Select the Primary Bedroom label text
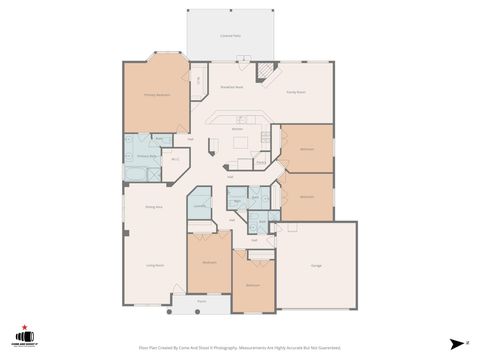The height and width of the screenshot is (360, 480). tap(155, 95)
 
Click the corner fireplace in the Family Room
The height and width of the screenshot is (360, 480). tap(266, 72)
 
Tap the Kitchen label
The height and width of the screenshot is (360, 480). tap(238, 129)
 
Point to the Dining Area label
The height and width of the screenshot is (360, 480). tap(155, 206)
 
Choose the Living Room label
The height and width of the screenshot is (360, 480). tap(155, 265)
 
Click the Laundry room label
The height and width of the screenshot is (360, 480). tap(200, 205)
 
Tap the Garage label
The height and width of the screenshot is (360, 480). tap(316, 265)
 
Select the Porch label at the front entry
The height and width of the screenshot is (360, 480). tap(201, 300)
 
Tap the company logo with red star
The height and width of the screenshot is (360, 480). tap(20, 337)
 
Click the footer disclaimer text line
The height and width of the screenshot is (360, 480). tap(239, 348)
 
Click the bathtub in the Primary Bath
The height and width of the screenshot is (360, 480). tap(134, 174)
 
